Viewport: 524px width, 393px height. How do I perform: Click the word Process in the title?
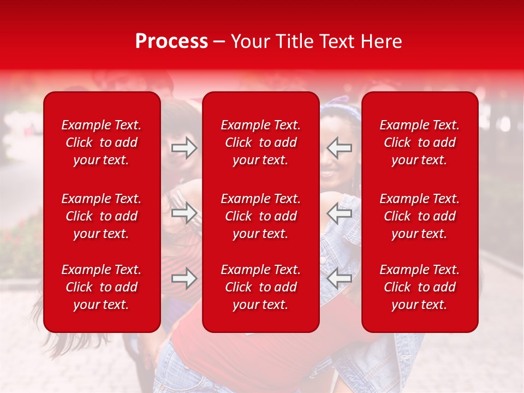(x=171, y=41)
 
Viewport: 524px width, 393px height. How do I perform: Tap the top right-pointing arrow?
(x=184, y=148)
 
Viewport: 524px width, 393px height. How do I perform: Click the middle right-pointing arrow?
(x=184, y=213)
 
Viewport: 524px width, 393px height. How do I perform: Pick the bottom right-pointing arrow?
(x=184, y=278)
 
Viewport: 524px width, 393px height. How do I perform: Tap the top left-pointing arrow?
(x=339, y=148)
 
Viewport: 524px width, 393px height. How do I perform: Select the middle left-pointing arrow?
(x=339, y=213)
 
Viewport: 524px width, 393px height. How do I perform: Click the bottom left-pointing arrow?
(x=339, y=278)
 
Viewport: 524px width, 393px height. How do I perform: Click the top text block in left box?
(x=102, y=142)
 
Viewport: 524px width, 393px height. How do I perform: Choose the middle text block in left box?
(x=102, y=216)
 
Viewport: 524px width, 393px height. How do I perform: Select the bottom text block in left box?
(x=102, y=287)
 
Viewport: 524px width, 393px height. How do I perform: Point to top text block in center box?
(x=261, y=142)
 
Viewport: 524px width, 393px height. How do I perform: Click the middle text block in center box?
(x=261, y=216)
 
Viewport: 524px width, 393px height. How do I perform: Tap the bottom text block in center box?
(x=261, y=287)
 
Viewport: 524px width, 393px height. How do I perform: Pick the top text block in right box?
(x=420, y=142)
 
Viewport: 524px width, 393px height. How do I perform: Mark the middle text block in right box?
(x=420, y=216)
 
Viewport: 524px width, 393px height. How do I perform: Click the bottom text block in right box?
(x=420, y=287)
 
